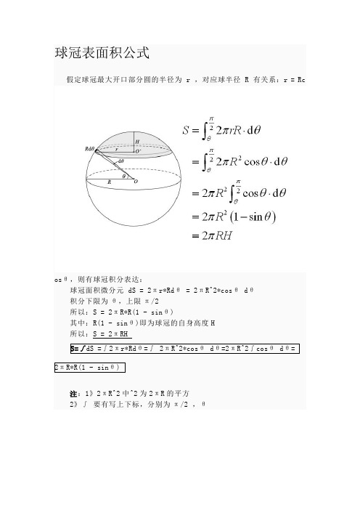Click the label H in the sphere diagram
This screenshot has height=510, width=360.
[x=136, y=142]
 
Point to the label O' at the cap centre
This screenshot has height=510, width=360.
[x=138, y=152]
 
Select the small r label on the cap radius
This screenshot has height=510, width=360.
[x=117, y=148]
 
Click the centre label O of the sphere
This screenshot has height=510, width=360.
[x=135, y=182]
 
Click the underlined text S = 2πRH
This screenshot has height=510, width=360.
[x=112, y=333]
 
